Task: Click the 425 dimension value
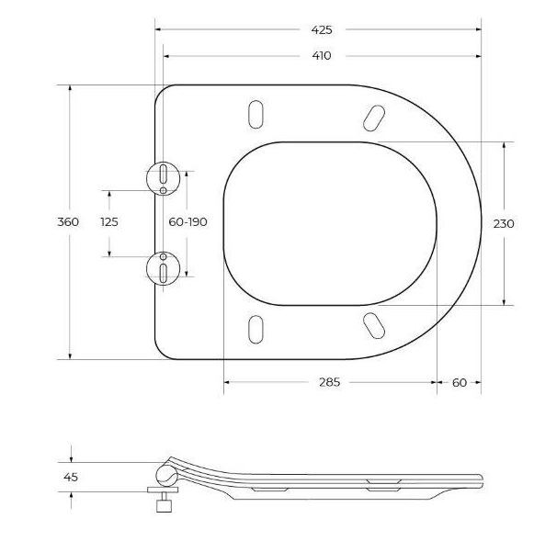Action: pyautogui.click(x=320, y=29)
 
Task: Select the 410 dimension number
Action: pyautogui.click(x=321, y=55)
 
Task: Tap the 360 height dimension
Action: pyautogui.click(x=68, y=222)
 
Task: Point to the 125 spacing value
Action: pyautogui.click(x=109, y=222)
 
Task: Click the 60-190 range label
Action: pyautogui.click(x=187, y=222)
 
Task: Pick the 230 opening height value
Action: pyautogui.click(x=504, y=223)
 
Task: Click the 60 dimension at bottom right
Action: pyautogui.click(x=460, y=382)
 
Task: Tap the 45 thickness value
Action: pyautogui.click(x=70, y=477)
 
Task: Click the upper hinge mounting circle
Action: pyautogui.click(x=163, y=176)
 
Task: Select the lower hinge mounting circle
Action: pyautogui.click(x=163, y=268)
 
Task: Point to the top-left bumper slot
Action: pyautogui.click(x=256, y=113)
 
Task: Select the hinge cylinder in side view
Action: pyautogui.click(x=165, y=475)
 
